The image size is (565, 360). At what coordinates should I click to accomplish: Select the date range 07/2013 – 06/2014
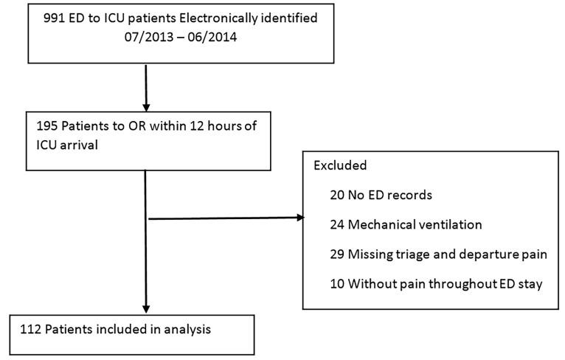pyautogui.click(x=182, y=35)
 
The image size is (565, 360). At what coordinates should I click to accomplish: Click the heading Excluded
pyautogui.click(x=340, y=165)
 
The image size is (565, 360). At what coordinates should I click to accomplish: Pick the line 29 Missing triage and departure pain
pyautogui.click(x=439, y=254)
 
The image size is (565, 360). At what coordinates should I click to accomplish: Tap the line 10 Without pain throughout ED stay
pyautogui.click(x=437, y=283)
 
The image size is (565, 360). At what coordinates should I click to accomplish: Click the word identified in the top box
pyautogui.click(x=292, y=18)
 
